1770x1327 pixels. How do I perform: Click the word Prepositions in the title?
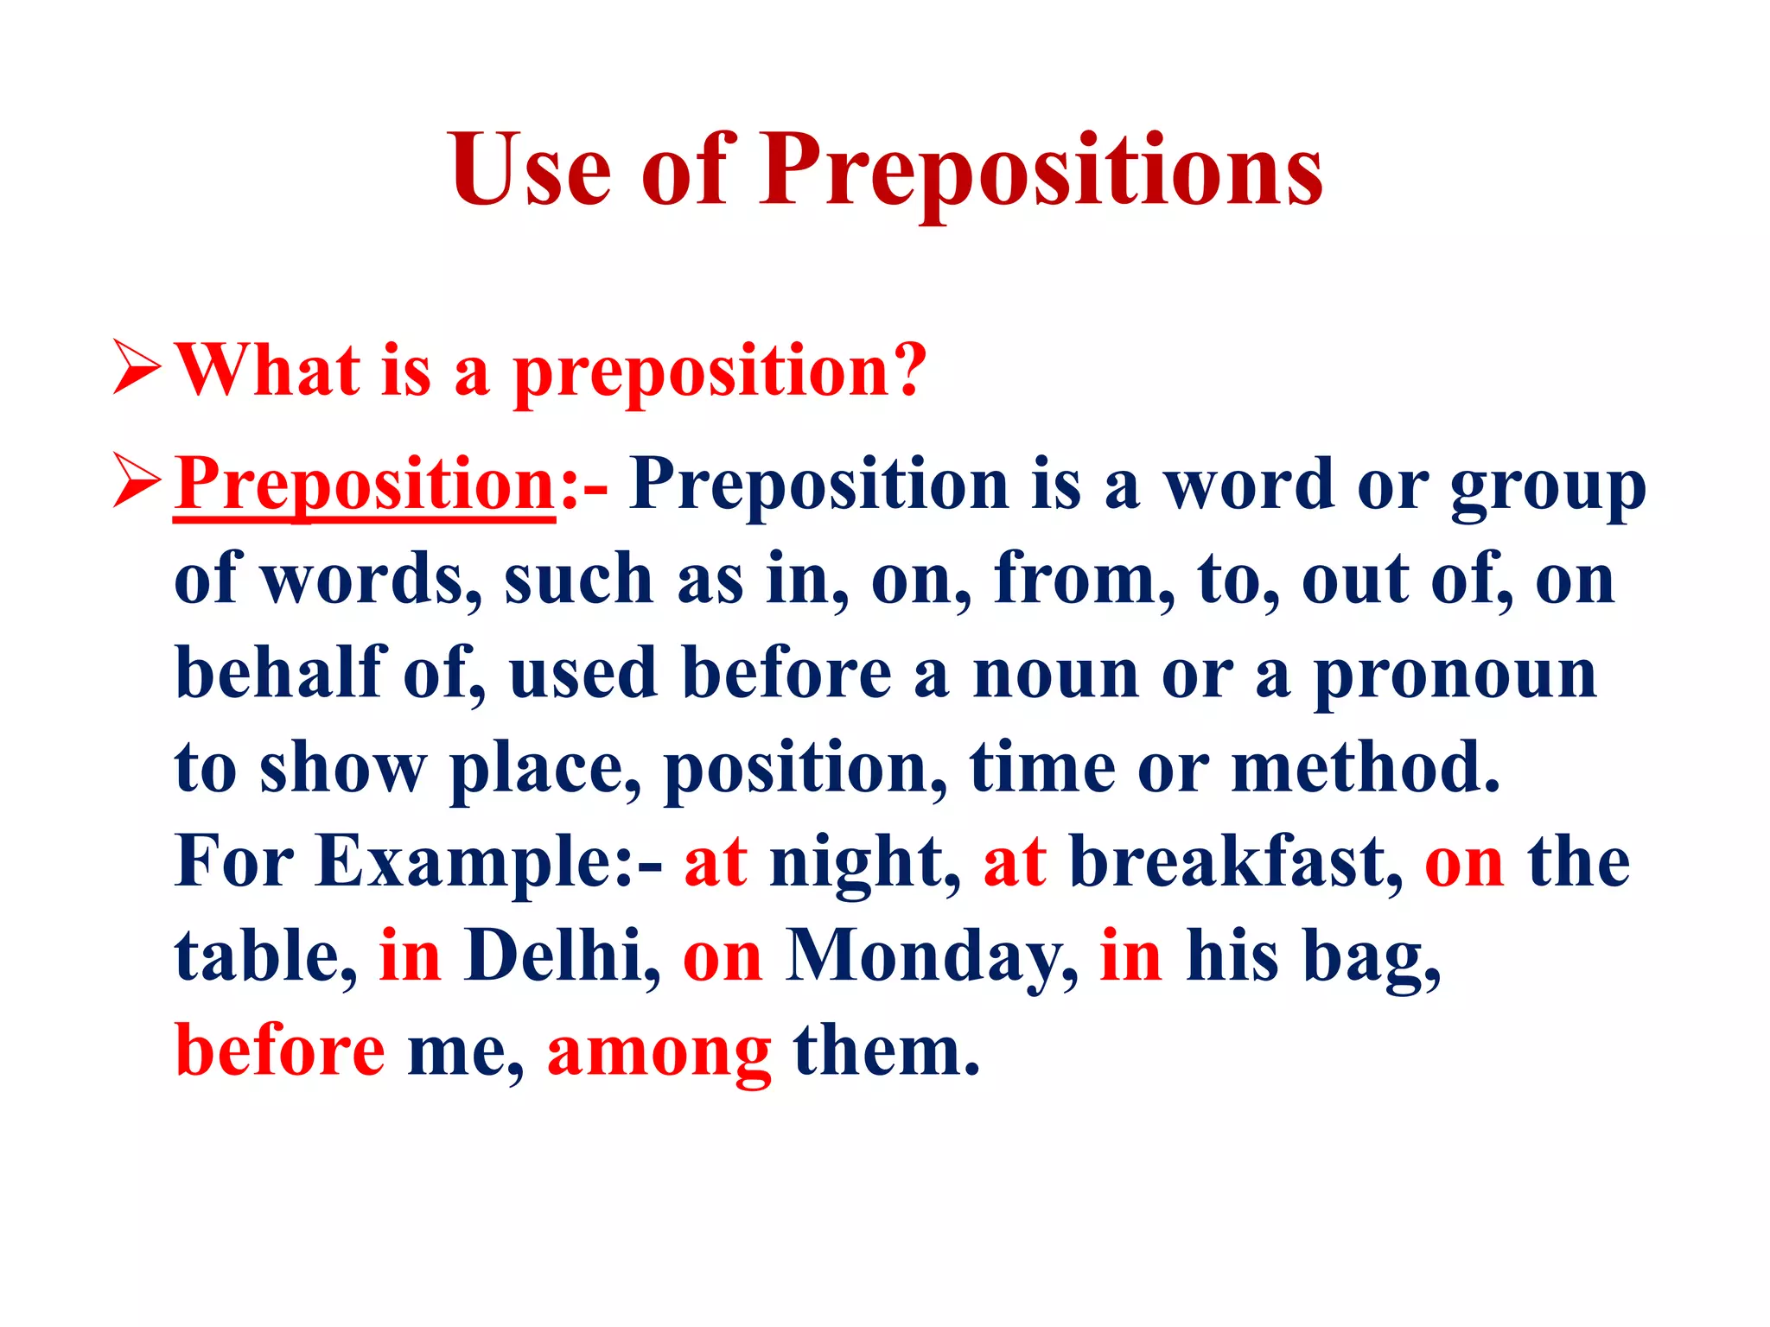click(1041, 170)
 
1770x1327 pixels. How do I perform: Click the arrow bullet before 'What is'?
click(137, 368)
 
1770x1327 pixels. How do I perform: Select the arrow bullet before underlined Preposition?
click(137, 482)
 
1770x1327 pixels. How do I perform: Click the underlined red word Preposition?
click(365, 486)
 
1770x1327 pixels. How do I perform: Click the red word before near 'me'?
click(280, 1051)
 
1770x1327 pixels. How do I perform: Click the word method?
click(1366, 767)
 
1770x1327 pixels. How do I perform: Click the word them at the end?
click(885, 1051)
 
